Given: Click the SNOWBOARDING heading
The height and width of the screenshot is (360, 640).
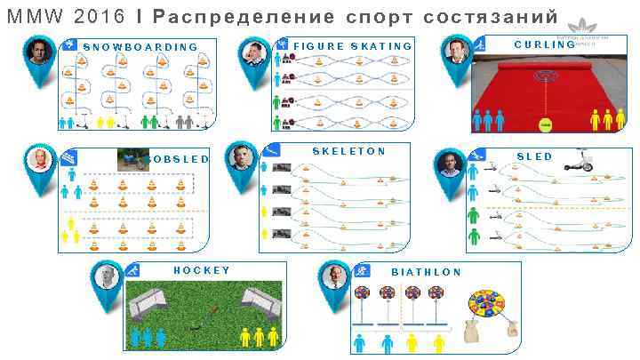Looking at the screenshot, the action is (140, 46).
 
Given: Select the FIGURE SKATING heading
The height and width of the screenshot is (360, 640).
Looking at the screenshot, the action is (353, 46).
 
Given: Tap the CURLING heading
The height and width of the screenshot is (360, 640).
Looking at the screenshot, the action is (544, 44).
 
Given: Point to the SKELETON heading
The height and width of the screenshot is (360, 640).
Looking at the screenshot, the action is (348, 151).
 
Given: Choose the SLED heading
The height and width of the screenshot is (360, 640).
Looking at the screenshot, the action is (534, 156).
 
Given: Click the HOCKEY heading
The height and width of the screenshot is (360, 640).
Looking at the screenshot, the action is (202, 270).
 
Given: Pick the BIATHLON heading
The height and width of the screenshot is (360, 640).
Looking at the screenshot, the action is (427, 272).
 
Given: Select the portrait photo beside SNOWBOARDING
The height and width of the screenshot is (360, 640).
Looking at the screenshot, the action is (37, 52).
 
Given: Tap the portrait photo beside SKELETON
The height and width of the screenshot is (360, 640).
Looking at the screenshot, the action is (241, 158).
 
